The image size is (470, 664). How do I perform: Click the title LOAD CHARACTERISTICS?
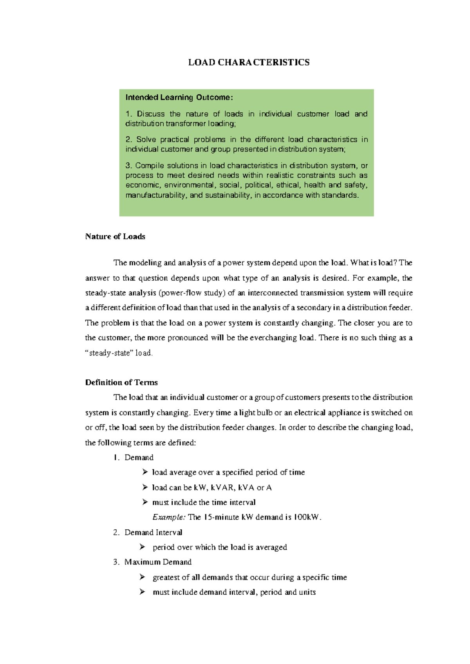click(x=249, y=63)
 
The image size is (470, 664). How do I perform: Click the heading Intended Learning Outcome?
click(x=179, y=97)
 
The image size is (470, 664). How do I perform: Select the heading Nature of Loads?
click(x=115, y=236)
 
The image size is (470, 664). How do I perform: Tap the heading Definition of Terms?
click(x=121, y=383)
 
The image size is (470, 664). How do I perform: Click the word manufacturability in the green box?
click(x=155, y=195)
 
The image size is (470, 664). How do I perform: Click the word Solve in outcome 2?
click(x=146, y=139)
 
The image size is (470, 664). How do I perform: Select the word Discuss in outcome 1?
click(x=151, y=114)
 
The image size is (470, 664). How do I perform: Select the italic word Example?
click(x=169, y=517)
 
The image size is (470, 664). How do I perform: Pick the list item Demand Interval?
click(x=153, y=532)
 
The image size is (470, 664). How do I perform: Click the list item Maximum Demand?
click(x=158, y=562)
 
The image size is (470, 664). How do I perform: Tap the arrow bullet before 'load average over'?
click(x=145, y=473)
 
